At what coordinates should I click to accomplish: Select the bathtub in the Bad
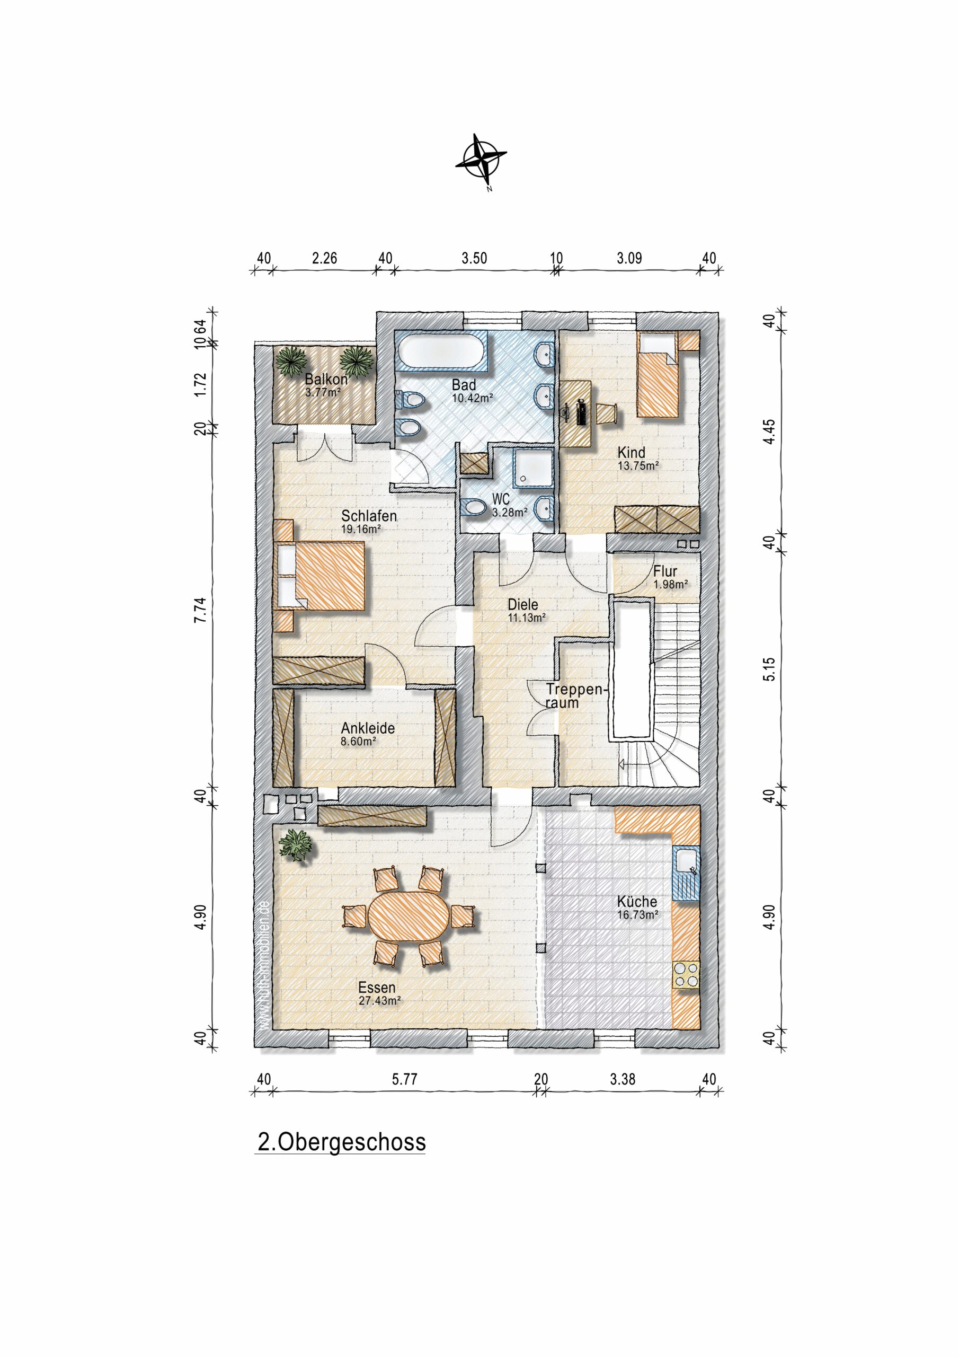coord(442,354)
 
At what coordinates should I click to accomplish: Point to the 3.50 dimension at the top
coord(474,258)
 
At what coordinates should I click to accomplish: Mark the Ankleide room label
coord(368,728)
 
